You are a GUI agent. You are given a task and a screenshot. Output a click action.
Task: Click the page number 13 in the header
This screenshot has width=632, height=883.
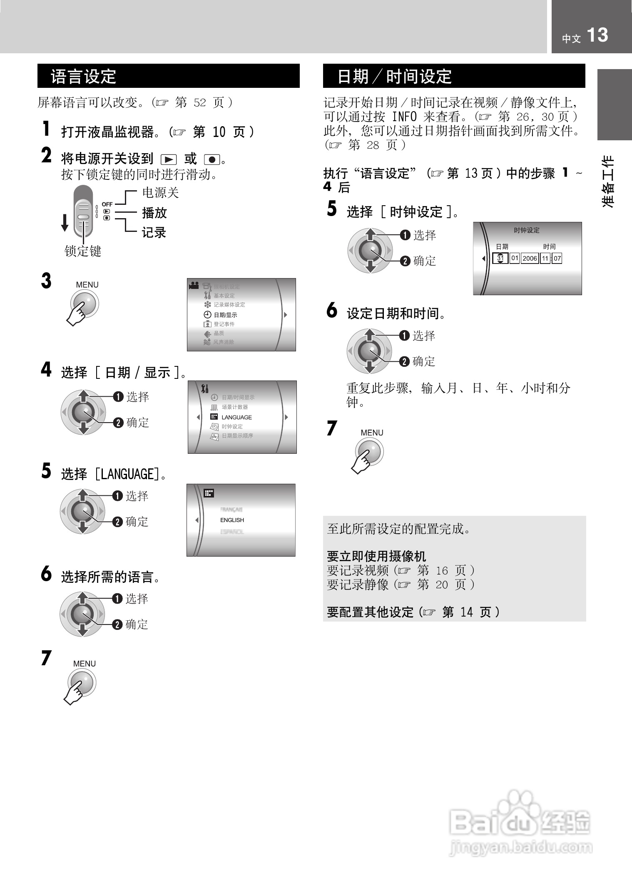(x=597, y=35)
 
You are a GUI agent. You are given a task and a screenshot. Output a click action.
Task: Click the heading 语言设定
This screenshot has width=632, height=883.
(x=83, y=77)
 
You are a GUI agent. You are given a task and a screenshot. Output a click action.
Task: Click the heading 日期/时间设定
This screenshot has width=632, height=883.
(x=394, y=77)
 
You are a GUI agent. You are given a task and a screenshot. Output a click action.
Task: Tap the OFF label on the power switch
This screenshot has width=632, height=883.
(x=107, y=204)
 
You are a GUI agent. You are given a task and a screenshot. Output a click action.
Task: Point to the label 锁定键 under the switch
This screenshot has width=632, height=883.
(x=83, y=251)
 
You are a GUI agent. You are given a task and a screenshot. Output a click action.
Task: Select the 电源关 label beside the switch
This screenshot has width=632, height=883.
(x=160, y=193)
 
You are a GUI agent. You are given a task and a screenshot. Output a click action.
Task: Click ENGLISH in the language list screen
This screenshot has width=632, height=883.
(x=232, y=520)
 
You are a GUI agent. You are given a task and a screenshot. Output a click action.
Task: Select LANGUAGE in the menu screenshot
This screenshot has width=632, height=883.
(x=236, y=417)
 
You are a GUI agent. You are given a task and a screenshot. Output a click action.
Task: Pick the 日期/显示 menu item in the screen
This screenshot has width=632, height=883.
(x=225, y=315)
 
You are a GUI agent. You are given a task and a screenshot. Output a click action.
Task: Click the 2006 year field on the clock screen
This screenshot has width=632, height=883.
(x=530, y=259)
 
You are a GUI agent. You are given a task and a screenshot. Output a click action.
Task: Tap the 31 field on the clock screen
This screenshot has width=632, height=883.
(x=500, y=258)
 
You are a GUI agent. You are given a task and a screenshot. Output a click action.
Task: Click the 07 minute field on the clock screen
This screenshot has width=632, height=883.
(x=557, y=259)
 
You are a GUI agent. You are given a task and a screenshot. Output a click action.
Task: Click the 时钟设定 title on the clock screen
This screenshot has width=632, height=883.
(x=527, y=230)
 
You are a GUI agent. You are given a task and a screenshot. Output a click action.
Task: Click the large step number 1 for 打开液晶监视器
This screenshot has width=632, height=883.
(x=47, y=129)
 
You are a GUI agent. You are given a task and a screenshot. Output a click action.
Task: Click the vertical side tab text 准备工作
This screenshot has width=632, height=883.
(x=608, y=182)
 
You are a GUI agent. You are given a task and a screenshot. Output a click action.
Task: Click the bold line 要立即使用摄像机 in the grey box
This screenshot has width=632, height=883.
(x=376, y=556)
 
